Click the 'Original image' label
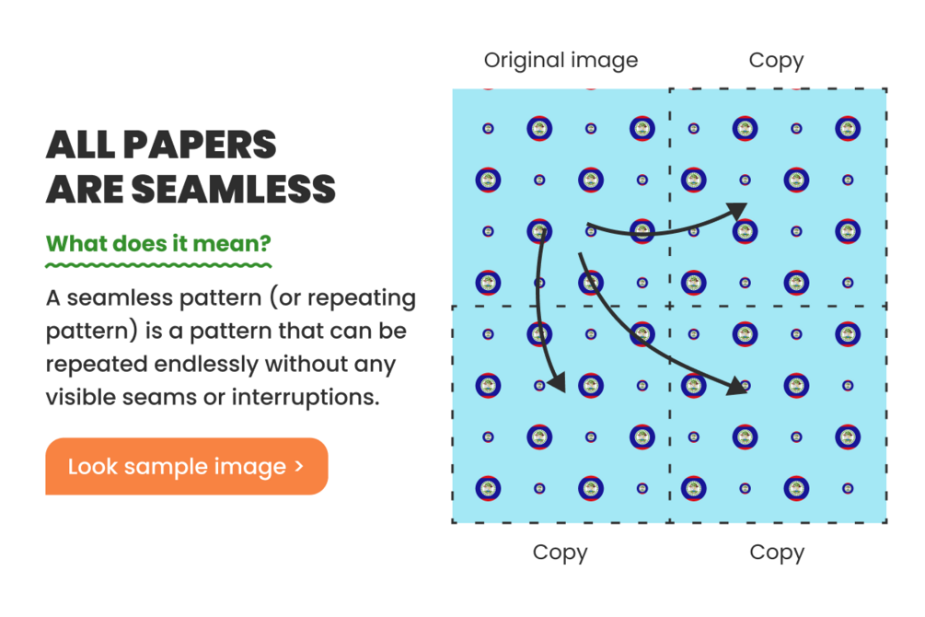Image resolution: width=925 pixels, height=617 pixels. click(561, 61)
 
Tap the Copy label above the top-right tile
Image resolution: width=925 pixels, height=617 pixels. click(776, 61)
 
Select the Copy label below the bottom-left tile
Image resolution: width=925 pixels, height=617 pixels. click(560, 553)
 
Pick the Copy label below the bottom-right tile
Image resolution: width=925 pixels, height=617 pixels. click(777, 553)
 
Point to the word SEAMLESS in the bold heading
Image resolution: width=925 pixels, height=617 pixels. click(234, 189)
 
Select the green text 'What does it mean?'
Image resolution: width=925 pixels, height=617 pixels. click(158, 243)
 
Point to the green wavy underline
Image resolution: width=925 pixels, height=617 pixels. click(158, 265)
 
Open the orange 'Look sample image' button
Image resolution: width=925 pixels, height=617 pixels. click(187, 466)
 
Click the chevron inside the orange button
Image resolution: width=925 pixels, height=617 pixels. click(299, 466)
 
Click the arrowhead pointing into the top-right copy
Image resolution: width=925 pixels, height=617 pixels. click(737, 211)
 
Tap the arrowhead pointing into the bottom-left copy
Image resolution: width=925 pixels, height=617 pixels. click(557, 381)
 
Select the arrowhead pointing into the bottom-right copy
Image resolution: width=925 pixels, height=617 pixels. click(737, 386)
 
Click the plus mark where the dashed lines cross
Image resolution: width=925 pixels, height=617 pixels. click(669, 306)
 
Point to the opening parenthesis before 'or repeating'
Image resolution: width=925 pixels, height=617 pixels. click(273, 298)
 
